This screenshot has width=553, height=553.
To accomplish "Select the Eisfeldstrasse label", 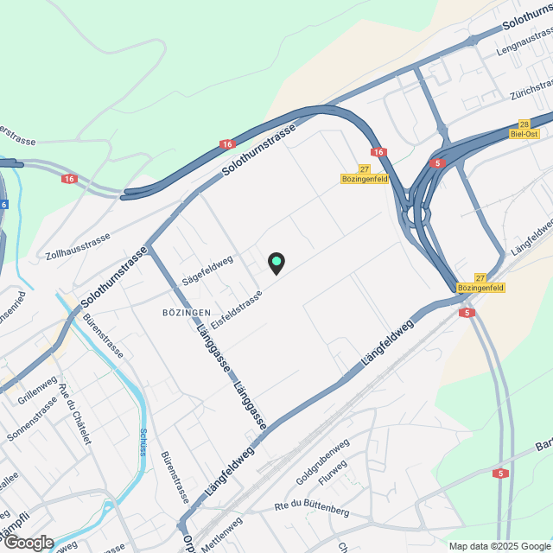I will (x=236, y=308).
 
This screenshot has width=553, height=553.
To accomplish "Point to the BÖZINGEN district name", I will (x=186, y=310).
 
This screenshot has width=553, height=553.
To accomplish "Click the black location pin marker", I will (x=276, y=263).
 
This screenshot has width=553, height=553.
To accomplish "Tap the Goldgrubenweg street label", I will (x=321, y=463).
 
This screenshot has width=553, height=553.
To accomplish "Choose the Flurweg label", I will (x=333, y=477).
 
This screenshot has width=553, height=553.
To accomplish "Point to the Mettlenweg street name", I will (x=221, y=535).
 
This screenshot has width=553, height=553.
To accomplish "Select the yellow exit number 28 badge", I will (x=524, y=124).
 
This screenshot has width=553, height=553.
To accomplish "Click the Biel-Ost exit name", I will (x=524, y=134).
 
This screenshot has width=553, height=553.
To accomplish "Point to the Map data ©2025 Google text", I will (x=499, y=546).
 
